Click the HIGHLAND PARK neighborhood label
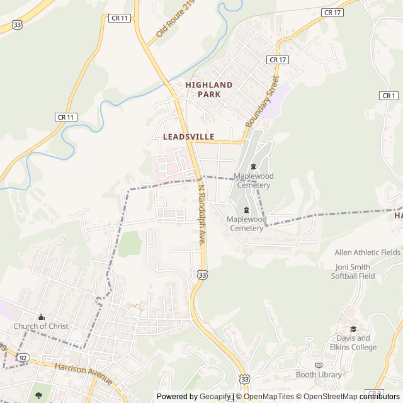pyautogui.click(x=208, y=89)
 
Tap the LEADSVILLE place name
pyautogui.click(x=188, y=137)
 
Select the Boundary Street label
pyautogui.click(x=262, y=101)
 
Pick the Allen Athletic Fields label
pyautogui.click(x=367, y=253)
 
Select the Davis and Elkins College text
pyautogui.click(x=353, y=343)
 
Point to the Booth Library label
pyautogui.click(x=319, y=375)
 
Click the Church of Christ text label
pyautogui.click(x=41, y=326)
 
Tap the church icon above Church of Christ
pyautogui.click(x=41, y=317)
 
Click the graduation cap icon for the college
pyautogui.click(x=353, y=329)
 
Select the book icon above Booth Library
pyautogui.click(x=319, y=365)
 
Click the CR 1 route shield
pyautogui.click(x=389, y=96)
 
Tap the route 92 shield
pyautogui.click(x=23, y=358)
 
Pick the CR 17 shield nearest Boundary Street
pyautogui.click(x=277, y=60)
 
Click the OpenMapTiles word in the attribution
pyautogui.click(x=268, y=397)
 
